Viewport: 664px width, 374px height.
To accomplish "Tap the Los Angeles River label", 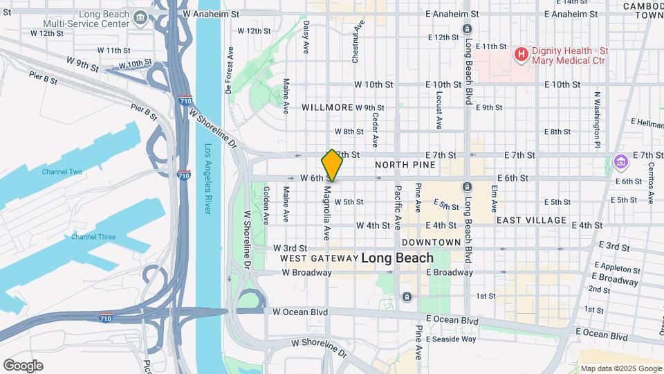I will [x=208, y=179].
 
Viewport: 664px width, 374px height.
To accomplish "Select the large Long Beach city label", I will [x=397, y=258].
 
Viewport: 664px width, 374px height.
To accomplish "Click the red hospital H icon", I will [x=521, y=53].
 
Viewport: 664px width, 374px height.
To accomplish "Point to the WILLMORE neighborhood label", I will [x=328, y=108].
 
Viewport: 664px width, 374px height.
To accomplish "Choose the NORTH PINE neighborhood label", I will [x=405, y=165].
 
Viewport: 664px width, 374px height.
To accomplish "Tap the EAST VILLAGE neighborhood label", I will [x=531, y=220].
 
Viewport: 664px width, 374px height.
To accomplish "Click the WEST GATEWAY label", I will [x=318, y=258].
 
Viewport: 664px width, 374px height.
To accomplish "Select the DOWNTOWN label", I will [x=431, y=242].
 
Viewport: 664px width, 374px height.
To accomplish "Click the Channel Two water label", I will [x=62, y=172].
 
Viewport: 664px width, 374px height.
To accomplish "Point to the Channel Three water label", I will [x=93, y=237].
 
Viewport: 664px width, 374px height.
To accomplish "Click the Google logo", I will [x=23, y=366].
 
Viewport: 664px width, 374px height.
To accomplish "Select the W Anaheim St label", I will [x=211, y=13].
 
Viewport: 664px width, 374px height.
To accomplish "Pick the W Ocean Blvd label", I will [x=299, y=312].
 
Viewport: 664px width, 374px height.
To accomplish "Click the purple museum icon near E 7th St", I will [x=620, y=163].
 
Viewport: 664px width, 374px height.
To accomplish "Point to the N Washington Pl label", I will [x=596, y=119].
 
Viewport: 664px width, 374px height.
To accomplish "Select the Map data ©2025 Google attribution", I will [x=620, y=368].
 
